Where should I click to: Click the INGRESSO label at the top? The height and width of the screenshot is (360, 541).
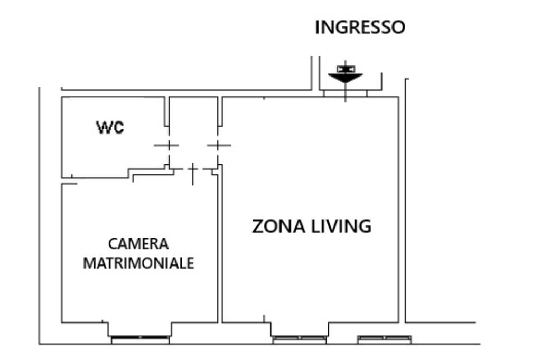(x=360, y=27)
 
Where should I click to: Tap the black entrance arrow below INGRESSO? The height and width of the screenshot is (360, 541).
(x=345, y=78)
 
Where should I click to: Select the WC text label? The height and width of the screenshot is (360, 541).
(x=110, y=127)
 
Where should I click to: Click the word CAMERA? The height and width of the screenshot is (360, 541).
(x=138, y=244)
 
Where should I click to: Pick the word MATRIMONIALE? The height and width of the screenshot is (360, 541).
(x=138, y=263)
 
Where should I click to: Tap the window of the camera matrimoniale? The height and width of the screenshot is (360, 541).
(x=140, y=338)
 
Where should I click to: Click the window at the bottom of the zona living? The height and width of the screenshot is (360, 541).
(x=300, y=338)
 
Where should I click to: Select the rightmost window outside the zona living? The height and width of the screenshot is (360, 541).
(x=384, y=338)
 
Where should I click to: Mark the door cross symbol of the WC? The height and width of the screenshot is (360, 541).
(x=166, y=145)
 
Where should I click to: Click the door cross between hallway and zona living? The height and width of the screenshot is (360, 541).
(x=218, y=145)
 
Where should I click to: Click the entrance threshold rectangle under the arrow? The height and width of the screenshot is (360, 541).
(x=345, y=93)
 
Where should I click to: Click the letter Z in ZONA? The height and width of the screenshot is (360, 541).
(x=257, y=226)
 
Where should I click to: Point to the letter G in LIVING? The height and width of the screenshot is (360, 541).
(x=364, y=226)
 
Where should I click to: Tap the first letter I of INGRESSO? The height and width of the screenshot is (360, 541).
(x=318, y=27)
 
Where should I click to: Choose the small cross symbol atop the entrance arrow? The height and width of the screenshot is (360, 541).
(x=345, y=68)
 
